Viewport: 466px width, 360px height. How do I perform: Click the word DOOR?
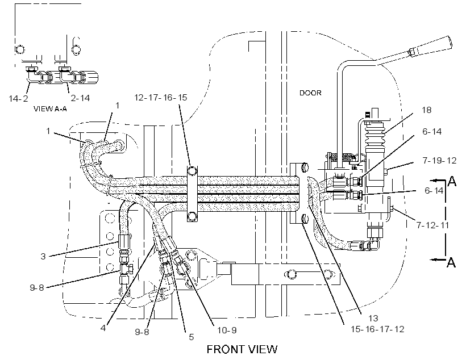[310, 93]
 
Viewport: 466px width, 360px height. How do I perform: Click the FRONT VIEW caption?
[242, 349]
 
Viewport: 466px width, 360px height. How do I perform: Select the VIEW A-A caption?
[50, 108]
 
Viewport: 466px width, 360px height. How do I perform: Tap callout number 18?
[426, 110]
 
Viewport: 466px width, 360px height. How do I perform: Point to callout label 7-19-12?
[439, 160]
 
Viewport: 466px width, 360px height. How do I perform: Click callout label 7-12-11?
[432, 225]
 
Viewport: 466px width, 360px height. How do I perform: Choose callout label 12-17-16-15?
[161, 98]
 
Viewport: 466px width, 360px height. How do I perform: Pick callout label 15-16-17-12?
[377, 329]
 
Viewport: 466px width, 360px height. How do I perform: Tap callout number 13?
[373, 318]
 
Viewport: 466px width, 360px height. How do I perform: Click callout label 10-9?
[227, 330]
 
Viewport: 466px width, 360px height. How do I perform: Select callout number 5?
[192, 337]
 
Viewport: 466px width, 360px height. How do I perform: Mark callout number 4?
[103, 328]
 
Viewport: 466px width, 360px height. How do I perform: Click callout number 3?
[43, 256]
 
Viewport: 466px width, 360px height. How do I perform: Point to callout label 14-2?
[18, 98]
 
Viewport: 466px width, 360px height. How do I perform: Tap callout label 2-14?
[80, 98]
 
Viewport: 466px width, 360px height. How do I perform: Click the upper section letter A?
[452, 181]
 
